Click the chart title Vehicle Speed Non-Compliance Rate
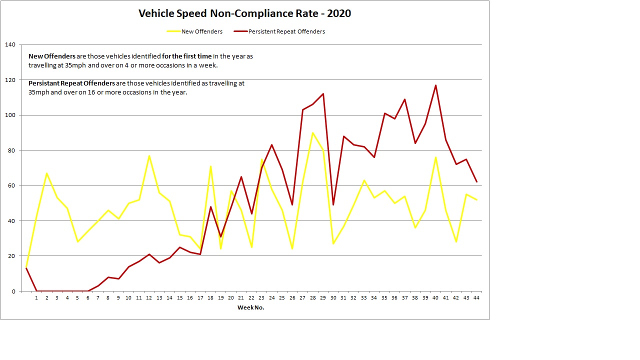(244, 13)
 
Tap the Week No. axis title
(250, 307)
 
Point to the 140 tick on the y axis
(10, 45)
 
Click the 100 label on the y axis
(10, 115)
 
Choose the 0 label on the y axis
(14, 291)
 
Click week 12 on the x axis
(149, 298)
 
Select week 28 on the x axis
(312, 298)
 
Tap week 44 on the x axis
(476, 298)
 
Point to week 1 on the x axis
(36, 298)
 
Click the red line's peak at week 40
(435, 85)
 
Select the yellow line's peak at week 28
(312, 132)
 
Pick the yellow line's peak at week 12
(149, 155)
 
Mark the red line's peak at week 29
(323, 94)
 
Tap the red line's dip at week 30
(333, 205)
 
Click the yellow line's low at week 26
(292, 249)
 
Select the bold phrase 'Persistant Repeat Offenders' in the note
(71, 83)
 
